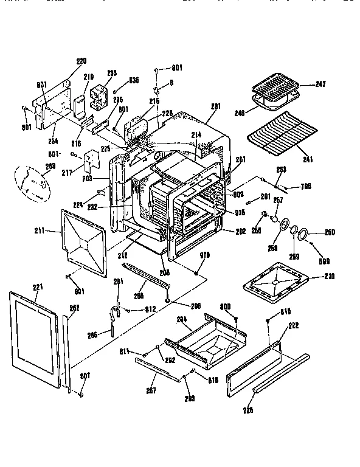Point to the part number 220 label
81,61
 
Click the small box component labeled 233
97,94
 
